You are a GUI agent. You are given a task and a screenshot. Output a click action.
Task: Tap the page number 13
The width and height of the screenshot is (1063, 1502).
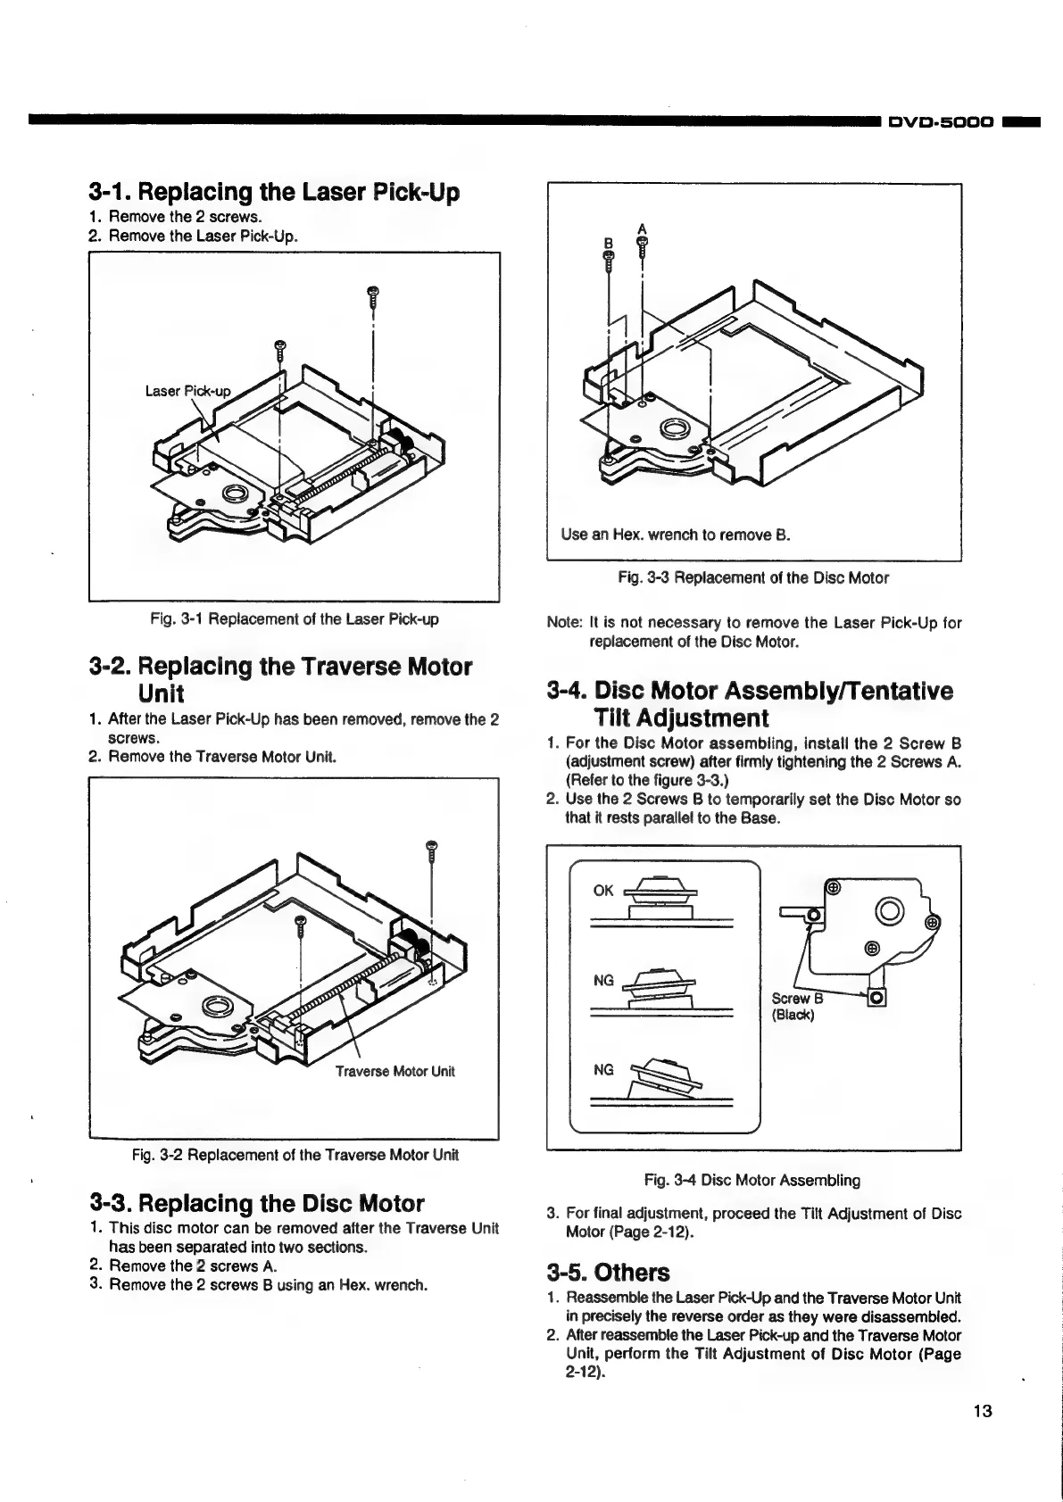click(x=983, y=1411)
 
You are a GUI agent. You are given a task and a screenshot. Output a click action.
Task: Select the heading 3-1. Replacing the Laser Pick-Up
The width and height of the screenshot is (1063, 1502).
click(x=274, y=192)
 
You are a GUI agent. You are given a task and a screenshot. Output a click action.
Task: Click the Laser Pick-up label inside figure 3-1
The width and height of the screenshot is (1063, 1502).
click(x=187, y=391)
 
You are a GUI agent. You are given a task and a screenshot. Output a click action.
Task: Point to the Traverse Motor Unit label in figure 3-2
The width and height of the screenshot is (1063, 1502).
click(x=394, y=1071)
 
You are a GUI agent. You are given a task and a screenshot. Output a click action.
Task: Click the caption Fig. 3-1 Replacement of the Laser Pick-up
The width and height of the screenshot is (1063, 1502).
click(x=293, y=618)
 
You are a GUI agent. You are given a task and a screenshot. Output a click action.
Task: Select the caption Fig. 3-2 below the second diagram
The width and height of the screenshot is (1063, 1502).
click(x=295, y=1155)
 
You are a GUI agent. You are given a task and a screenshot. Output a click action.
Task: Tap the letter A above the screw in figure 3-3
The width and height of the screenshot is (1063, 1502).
click(x=642, y=228)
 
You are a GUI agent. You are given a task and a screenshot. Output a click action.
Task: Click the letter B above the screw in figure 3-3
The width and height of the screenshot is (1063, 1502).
click(x=608, y=241)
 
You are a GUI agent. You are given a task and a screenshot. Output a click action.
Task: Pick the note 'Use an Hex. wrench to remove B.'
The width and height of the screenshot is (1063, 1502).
click(x=677, y=535)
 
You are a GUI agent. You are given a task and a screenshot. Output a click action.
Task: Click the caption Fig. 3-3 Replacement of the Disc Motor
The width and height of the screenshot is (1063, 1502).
click(x=753, y=577)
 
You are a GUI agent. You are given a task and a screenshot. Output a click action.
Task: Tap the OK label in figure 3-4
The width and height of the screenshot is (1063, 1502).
click(x=603, y=891)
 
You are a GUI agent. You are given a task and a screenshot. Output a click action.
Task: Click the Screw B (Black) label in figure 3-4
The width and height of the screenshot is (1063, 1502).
click(x=793, y=1007)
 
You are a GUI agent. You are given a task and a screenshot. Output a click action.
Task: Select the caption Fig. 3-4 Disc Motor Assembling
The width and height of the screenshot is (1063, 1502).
click(x=752, y=1180)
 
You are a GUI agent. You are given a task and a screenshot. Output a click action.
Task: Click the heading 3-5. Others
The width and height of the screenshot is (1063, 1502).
click(x=607, y=1272)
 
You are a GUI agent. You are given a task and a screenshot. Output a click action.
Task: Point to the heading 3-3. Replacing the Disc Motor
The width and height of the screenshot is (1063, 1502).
click(x=257, y=1203)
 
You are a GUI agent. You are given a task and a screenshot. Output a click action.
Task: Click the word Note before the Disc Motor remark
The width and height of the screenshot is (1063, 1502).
click(x=562, y=622)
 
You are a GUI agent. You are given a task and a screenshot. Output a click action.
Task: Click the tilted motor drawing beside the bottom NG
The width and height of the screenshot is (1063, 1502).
click(x=666, y=1075)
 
